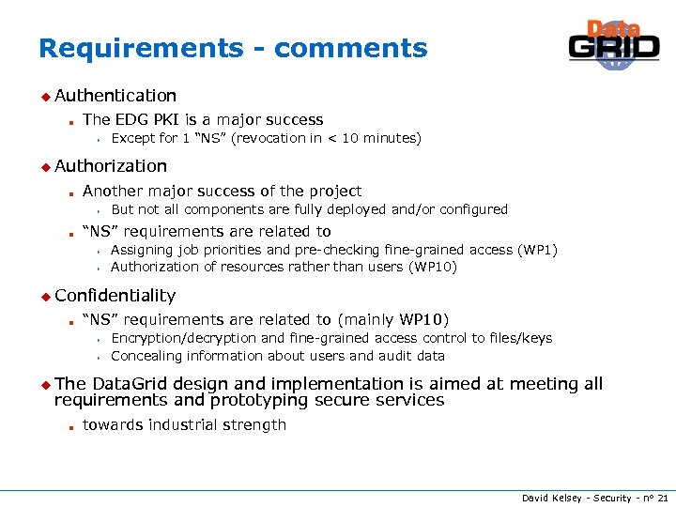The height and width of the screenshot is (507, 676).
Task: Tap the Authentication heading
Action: pyautogui.click(x=115, y=96)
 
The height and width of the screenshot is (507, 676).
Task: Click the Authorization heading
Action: pyautogui.click(x=110, y=166)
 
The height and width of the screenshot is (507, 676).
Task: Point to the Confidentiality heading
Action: pyautogui.click(x=115, y=296)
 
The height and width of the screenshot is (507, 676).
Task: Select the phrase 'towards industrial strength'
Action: pyautogui.click(x=184, y=425)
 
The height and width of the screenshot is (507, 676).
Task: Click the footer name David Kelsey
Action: pyautogui.click(x=550, y=497)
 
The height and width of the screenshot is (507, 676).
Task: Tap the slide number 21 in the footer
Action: pyautogui.click(x=663, y=497)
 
